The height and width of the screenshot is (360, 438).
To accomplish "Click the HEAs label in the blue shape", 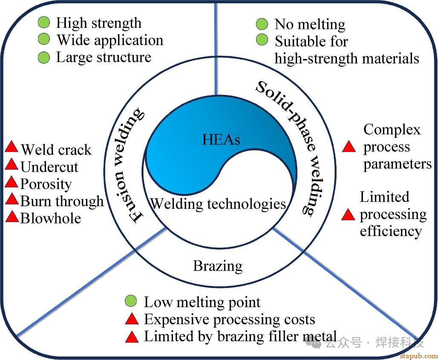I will pos(221,138).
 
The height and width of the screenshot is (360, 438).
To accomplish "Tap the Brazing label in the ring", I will pos(218,266).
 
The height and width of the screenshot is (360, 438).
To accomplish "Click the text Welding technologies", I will pos(218,204).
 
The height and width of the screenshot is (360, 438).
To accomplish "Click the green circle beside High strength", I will pos(44,23).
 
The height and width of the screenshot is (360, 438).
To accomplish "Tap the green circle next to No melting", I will pos(262,24).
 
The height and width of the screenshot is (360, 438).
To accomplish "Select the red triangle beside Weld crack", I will pos(12,148).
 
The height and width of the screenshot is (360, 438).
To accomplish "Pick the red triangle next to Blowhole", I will pos(12,217).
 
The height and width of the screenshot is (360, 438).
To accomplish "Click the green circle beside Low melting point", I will pos(131,302).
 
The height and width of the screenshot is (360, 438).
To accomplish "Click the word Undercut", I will pos(49,167).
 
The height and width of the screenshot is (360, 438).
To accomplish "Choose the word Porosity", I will pos(46,184).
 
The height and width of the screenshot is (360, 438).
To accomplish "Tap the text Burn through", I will pos(62,201).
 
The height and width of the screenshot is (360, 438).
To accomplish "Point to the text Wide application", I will pos(110,40).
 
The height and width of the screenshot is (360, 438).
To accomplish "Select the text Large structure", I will pos(104,57).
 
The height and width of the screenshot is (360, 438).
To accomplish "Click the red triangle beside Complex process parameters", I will pos(349,147).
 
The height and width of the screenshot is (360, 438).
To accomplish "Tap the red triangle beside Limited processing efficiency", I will pos(349,215).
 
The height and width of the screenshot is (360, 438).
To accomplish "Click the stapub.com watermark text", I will pos(419,356).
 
